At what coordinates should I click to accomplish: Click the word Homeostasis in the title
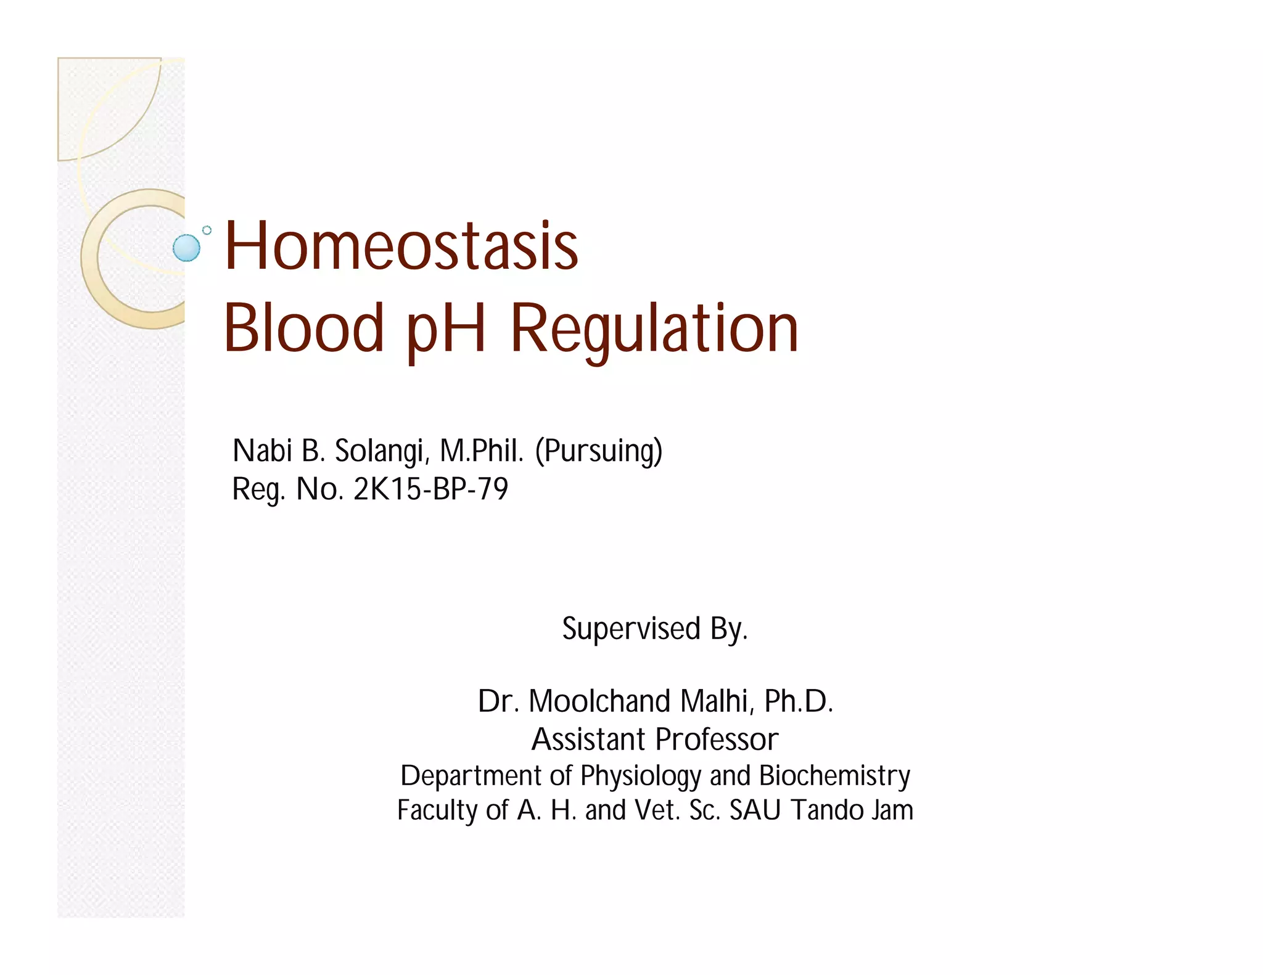[x=401, y=247]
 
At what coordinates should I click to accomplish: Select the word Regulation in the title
[x=654, y=329]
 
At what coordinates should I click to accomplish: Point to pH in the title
[x=446, y=330]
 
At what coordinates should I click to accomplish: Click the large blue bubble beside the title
[x=186, y=248]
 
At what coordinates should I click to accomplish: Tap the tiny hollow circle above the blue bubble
[x=207, y=230]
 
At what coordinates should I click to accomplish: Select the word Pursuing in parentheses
[x=599, y=451]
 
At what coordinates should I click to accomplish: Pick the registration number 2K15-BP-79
[x=430, y=489]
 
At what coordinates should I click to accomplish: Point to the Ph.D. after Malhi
[x=799, y=701]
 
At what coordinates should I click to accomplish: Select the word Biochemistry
[x=834, y=777]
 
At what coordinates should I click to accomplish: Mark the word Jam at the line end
[x=892, y=811]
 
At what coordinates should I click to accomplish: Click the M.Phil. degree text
[x=482, y=451]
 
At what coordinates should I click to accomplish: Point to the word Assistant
[x=588, y=740]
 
